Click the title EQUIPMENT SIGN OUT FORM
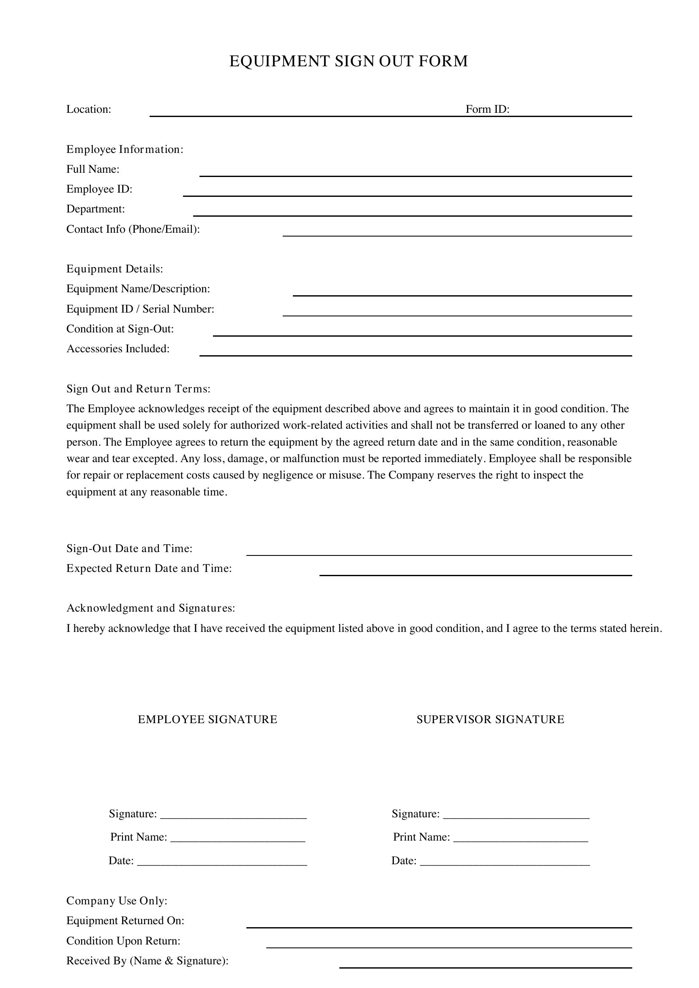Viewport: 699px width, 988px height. [x=348, y=61]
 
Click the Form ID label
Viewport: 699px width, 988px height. [x=487, y=109]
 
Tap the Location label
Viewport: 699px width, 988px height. [x=89, y=109]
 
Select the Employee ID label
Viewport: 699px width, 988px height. [x=99, y=189]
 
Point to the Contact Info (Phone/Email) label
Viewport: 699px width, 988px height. [x=133, y=229]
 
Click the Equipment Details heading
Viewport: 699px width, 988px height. [x=115, y=269]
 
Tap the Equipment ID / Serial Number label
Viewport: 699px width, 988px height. [x=140, y=309]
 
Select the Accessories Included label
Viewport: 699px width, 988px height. [x=118, y=348]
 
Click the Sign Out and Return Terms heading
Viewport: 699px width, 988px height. [x=138, y=389]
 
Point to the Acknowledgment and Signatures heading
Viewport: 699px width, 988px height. [x=150, y=608]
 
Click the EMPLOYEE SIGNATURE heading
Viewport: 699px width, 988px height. [x=208, y=719]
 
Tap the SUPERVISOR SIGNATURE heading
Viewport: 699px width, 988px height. [x=490, y=719]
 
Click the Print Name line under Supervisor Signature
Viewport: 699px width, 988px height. [x=520, y=838]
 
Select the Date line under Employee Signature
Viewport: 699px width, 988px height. [x=222, y=861]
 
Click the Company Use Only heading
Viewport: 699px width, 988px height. [x=117, y=901]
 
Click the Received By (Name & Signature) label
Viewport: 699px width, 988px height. [x=147, y=961]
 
